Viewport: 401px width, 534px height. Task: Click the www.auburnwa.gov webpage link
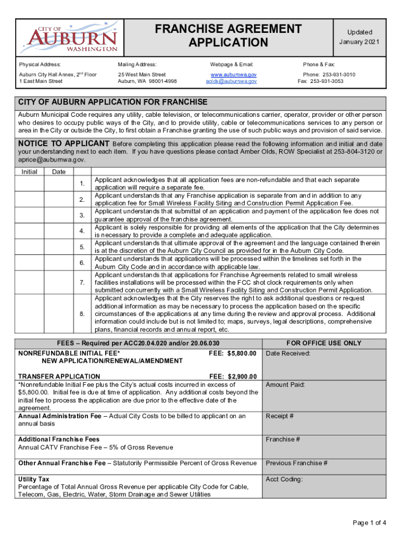point(231,75)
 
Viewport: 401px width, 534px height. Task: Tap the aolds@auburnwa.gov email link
point(231,81)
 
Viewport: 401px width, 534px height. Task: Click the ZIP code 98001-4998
point(161,81)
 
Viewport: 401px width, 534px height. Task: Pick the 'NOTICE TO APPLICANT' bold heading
point(64,143)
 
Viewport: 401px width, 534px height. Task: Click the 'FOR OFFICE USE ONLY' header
point(324,343)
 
